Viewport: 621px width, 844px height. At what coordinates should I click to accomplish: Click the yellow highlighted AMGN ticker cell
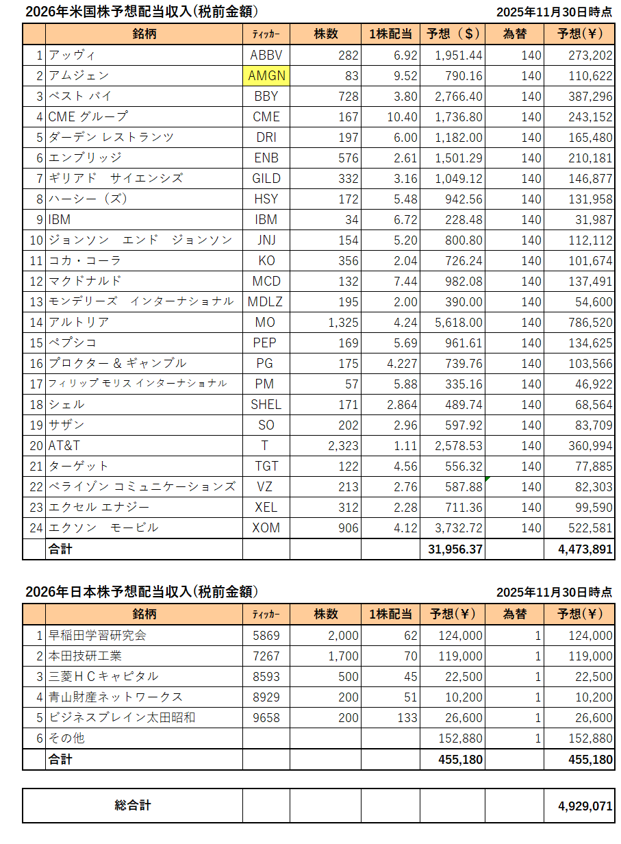tap(266, 76)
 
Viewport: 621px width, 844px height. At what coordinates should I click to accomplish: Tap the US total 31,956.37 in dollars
tap(454, 549)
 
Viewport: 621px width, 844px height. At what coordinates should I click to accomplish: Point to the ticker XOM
tap(266, 528)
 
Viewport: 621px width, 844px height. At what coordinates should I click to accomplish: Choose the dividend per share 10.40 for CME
tap(402, 117)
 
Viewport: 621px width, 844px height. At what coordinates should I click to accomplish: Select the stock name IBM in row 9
tap(60, 220)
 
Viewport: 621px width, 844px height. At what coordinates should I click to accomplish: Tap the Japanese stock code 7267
tap(266, 656)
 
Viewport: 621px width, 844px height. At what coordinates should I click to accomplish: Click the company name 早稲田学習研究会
tap(97, 636)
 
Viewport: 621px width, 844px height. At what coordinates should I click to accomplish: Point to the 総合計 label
tap(133, 806)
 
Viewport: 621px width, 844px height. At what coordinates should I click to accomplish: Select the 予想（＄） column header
tap(453, 34)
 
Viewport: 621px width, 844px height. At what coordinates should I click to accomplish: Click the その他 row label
tap(66, 738)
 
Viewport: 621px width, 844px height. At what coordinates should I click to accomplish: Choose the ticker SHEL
tap(266, 405)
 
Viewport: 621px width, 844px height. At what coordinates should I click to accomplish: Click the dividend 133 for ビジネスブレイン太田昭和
tap(407, 718)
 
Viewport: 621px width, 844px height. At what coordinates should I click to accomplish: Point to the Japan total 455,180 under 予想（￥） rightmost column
tap(590, 760)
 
